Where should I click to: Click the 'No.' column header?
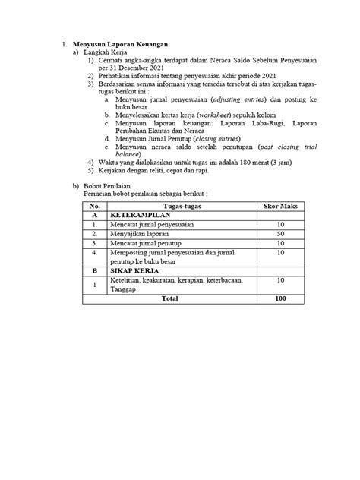click(x=94, y=206)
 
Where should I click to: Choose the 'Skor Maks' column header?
click(x=280, y=206)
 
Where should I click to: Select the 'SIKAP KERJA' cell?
click(x=135, y=269)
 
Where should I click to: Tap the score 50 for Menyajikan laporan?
click(x=280, y=233)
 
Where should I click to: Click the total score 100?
click(x=280, y=298)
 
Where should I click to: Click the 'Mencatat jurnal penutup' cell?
click(x=150, y=242)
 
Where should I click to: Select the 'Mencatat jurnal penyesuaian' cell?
click(x=155, y=224)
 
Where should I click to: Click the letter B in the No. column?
click(x=94, y=269)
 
